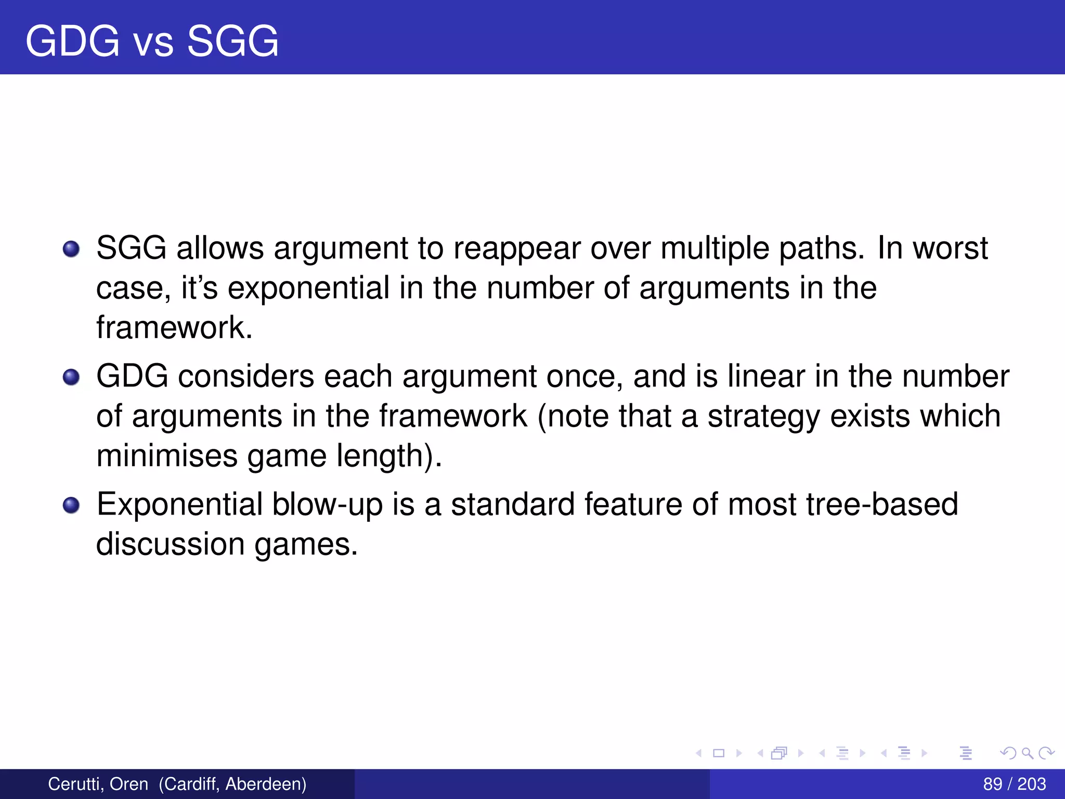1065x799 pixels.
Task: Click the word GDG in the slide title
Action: [x=72, y=41]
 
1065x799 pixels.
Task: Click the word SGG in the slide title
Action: [x=232, y=41]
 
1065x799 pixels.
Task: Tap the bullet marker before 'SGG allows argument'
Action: [x=71, y=249]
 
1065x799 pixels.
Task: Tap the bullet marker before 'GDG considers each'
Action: [x=71, y=377]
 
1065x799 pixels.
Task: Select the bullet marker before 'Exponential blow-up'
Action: [x=71, y=505]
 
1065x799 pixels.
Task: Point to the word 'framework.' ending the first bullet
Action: [x=174, y=328]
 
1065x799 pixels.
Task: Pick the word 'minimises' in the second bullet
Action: [x=166, y=456]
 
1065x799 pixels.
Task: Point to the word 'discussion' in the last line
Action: [x=171, y=544]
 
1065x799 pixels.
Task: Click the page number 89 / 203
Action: [x=1014, y=784]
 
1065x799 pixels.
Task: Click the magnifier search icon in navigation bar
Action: [x=1027, y=753]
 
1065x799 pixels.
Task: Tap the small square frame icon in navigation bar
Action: [x=719, y=753]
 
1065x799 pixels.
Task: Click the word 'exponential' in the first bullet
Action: [x=308, y=288]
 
